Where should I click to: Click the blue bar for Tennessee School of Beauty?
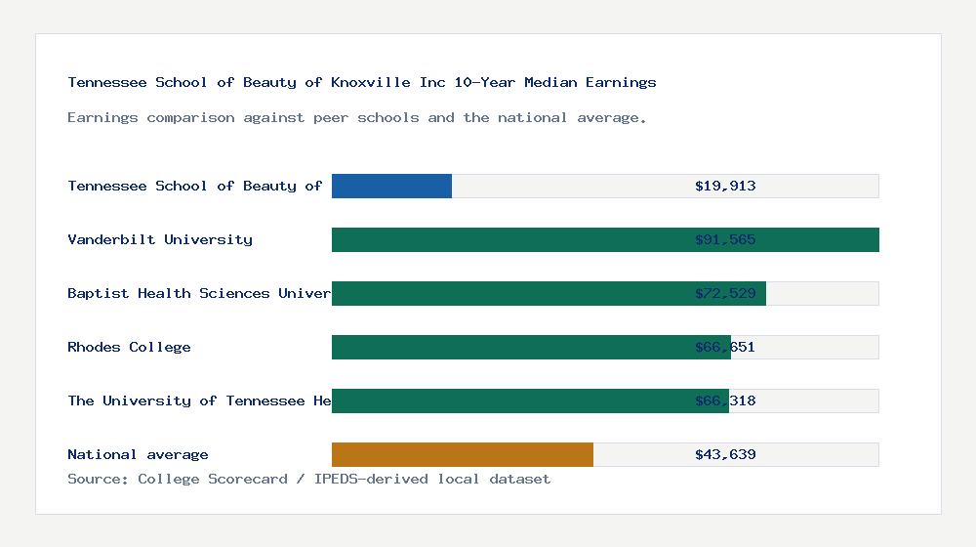[391, 186]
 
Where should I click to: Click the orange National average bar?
[463, 454]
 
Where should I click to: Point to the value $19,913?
[725, 186]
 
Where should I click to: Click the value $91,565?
[725, 239]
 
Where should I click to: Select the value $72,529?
[725, 293]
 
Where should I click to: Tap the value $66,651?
[725, 347]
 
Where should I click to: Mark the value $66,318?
[725, 400]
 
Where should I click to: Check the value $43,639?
[725, 454]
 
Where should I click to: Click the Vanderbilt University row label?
[160, 239]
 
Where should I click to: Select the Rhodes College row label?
[129, 347]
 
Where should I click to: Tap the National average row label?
[138, 454]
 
